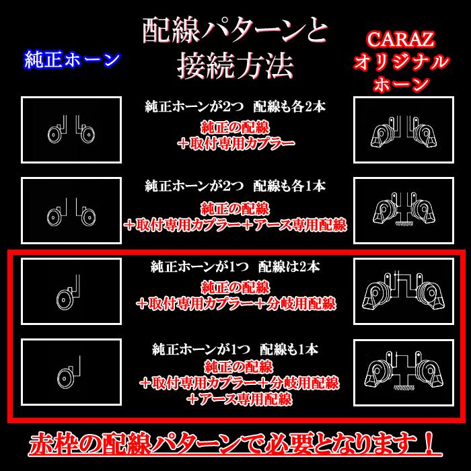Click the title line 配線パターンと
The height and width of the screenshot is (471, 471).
[235, 31]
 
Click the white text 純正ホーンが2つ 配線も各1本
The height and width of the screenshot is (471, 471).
[235, 186]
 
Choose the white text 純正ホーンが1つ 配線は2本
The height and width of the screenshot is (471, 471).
[235, 267]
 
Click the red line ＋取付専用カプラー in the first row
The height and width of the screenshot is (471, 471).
[235, 143]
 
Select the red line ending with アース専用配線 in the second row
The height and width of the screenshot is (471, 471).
[235, 223]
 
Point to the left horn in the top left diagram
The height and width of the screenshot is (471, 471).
[52, 135]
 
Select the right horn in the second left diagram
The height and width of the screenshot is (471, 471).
[86, 217]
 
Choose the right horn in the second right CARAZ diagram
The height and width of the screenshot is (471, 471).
[422, 214]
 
